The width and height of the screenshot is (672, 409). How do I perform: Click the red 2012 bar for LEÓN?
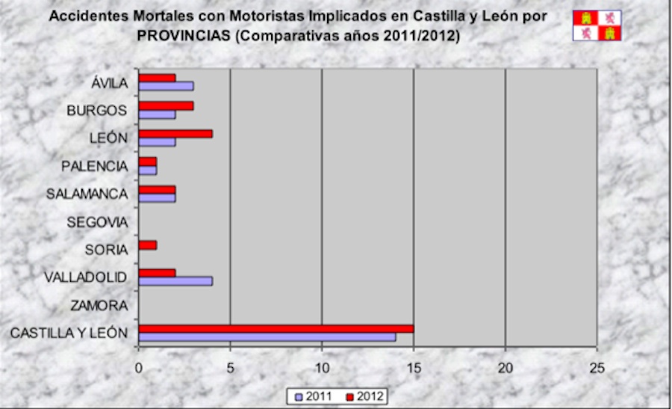tap(175, 134)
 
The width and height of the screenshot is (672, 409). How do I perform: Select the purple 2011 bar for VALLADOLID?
tap(175, 281)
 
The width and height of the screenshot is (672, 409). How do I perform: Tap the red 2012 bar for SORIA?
tap(148, 245)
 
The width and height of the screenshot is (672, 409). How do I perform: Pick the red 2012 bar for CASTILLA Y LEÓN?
tap(276, 328)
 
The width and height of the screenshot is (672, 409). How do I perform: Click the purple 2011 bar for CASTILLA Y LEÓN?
tap(267, 337)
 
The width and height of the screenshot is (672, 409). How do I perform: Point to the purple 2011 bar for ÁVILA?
tap(166, 86)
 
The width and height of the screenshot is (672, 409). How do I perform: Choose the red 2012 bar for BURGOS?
tap(166, 105)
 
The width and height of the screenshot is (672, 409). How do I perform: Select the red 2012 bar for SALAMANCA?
tap(157, 190)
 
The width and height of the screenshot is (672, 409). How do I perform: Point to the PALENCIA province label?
tap(94, 166)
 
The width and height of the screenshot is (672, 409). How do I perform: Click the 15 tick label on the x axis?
tap(414, 367)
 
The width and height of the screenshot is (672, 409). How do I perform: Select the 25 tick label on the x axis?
tap(597, 367)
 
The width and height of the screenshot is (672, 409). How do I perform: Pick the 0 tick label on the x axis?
tap(139, 367)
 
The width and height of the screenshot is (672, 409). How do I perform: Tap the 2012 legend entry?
tap(366, 396)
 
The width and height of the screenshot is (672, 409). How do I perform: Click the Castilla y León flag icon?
tap(597, 25)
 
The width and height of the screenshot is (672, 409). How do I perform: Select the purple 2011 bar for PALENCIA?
tap(148, 170)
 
